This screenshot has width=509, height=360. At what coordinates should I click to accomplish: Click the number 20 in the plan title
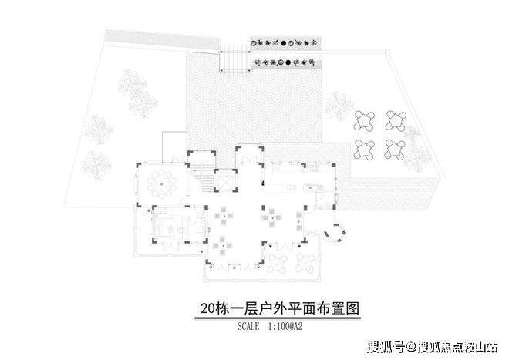[208, 308]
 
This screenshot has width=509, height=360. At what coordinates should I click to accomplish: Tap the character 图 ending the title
[352, 308]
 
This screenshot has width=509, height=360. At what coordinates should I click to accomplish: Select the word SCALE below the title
[248, 326]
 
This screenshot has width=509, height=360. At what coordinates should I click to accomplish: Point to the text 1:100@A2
[285, 326]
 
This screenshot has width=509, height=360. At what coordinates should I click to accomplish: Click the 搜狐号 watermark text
[386, 347]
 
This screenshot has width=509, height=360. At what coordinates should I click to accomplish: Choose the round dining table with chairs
[162, 184]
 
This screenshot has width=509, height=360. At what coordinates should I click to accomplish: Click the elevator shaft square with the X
[225, 180]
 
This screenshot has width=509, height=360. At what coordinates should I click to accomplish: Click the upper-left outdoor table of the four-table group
[365, 121]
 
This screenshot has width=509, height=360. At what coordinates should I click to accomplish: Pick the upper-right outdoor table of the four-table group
[396, 121]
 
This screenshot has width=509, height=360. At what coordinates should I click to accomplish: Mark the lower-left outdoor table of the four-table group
[364, 150]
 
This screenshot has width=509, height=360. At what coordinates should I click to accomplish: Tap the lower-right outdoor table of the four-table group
[395, 150]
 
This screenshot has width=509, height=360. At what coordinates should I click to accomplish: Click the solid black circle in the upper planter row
[283, 43]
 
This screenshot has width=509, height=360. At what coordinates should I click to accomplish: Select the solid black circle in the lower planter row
[288, 62]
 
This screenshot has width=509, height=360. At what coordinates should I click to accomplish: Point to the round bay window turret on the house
[335, 233]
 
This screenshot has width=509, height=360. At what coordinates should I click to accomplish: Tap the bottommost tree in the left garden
[96, 165]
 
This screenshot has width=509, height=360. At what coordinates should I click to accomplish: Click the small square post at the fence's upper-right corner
[387, 52]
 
